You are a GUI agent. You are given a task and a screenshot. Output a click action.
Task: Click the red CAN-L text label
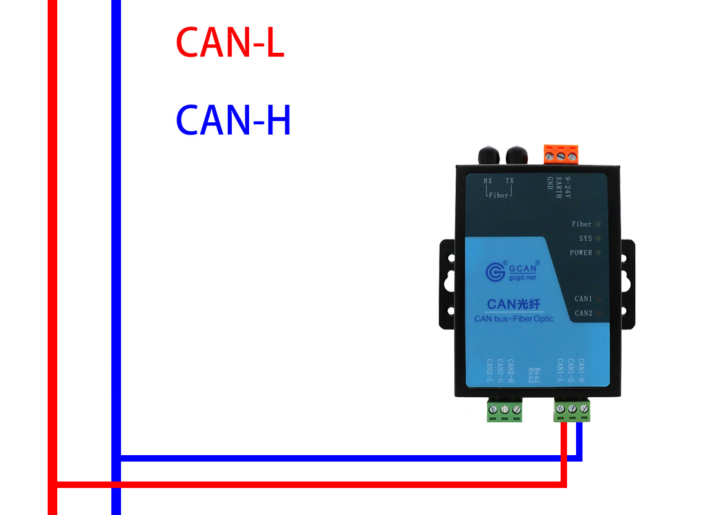tap(230, 43)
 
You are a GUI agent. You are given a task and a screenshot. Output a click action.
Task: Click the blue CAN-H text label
tap(233, 120)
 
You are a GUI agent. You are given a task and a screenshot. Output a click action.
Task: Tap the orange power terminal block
tap(560, 154)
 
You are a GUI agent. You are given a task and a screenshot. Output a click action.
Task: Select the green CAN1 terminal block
tap(572, 410)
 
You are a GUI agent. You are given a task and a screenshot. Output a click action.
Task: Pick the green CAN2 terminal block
tap(505, 410)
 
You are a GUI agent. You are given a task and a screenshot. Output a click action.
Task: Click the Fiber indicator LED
tap(598, 225)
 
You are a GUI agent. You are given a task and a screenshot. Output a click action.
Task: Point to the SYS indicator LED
tap(598, 239)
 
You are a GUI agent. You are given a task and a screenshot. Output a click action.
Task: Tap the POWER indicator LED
tap(598, 253)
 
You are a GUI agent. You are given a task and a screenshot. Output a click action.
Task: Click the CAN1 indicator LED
tap(599, 299)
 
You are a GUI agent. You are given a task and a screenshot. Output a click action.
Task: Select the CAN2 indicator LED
tap(599, 314)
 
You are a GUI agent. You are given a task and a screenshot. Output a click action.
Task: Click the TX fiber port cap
tap(517, 155)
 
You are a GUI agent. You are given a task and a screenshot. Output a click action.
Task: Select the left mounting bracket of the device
tap(448, 283)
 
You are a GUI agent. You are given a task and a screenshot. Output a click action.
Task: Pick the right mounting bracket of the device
tap(626, 283)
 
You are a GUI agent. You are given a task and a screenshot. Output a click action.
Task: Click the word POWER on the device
tap(581, 253)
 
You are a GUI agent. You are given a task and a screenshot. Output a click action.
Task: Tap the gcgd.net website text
tap(523, 278)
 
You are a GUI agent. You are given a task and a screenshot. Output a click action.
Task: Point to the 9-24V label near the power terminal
tap(568, 187)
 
